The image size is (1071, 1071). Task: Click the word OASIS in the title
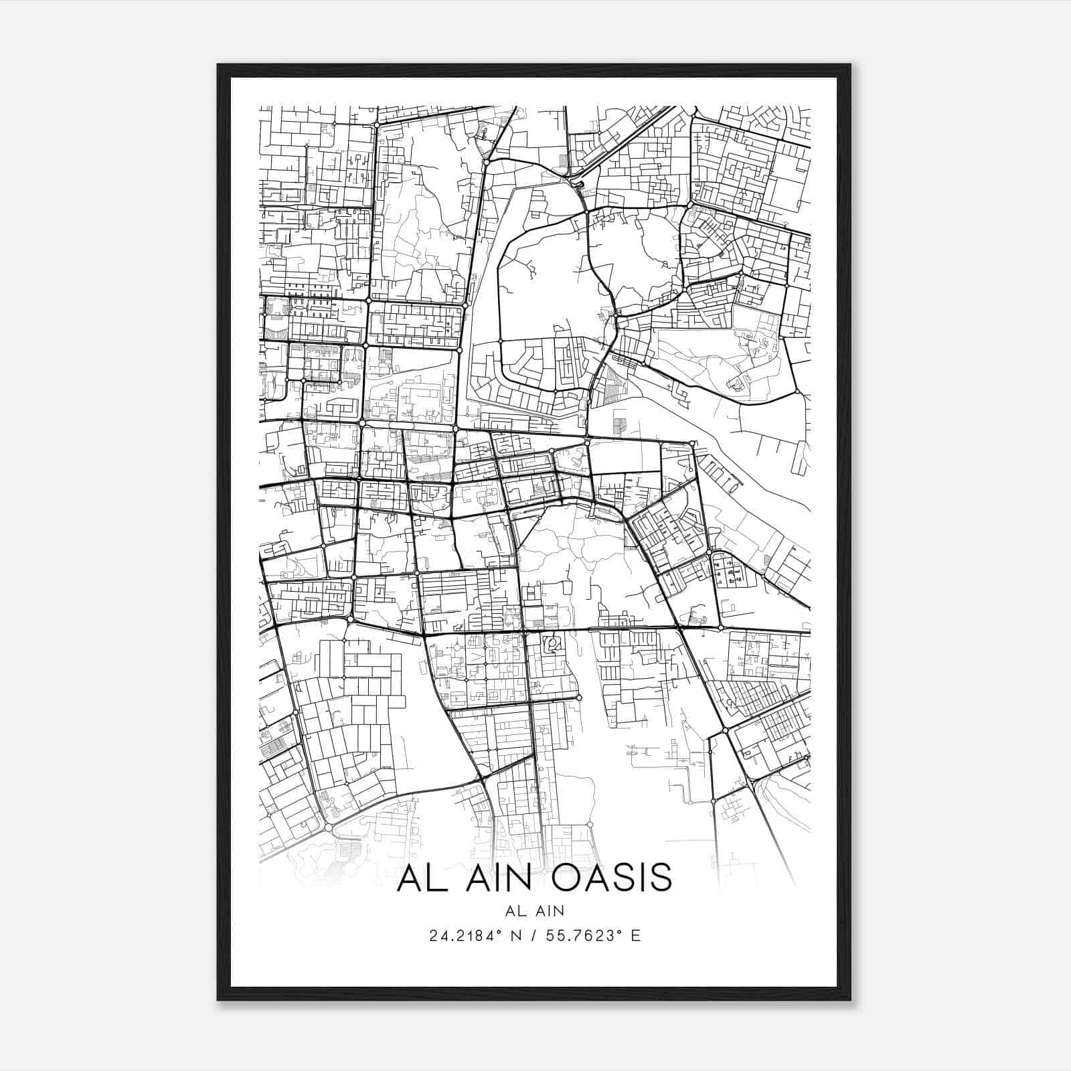613,878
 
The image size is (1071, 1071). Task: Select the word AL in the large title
420,878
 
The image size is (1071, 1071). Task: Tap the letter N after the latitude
515,935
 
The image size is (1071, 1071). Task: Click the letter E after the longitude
635,935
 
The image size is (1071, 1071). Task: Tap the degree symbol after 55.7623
619,930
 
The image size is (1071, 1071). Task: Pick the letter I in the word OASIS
643,878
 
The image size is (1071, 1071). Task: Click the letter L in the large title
435,878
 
